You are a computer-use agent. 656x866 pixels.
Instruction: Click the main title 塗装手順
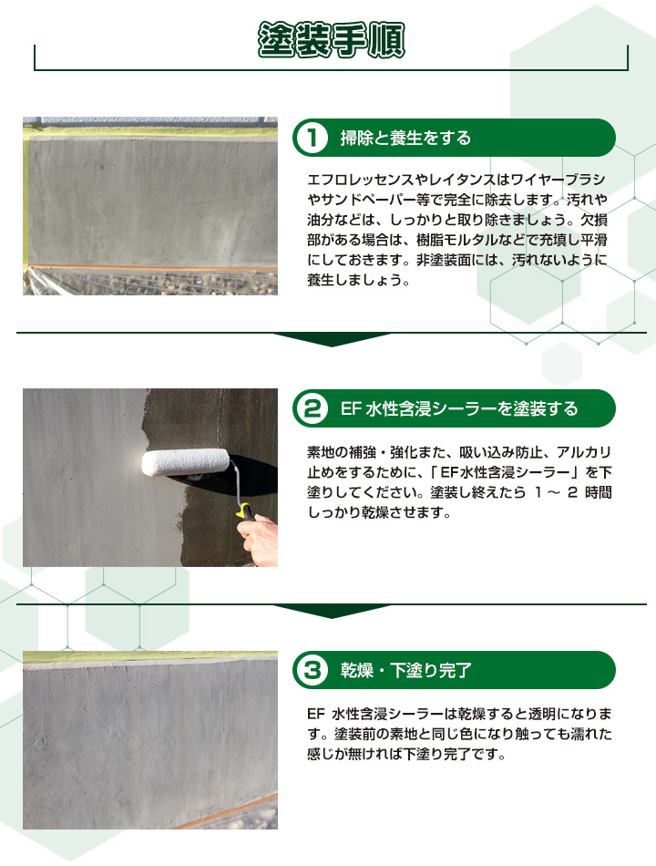click(331, 40)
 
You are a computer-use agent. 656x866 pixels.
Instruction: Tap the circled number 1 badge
click(311, 139)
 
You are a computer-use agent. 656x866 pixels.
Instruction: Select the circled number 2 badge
click(311, 408)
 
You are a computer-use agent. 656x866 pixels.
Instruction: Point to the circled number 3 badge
click(311, 671)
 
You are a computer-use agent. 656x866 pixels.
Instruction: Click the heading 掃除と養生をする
click(405, 139)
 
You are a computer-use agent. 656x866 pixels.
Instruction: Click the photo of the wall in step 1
click(150, 205)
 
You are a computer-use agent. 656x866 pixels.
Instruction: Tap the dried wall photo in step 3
click(150, 739)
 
